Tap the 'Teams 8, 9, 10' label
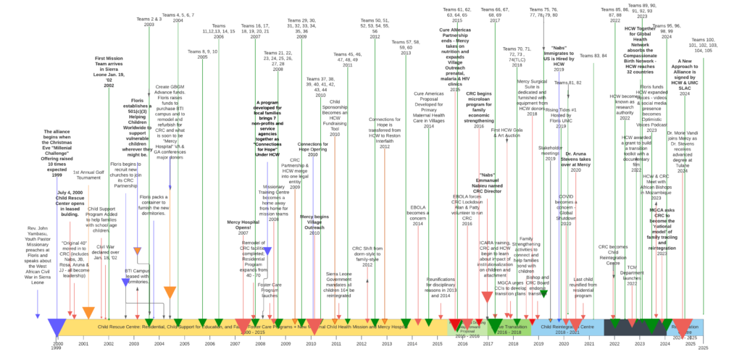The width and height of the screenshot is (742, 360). click(202, 54)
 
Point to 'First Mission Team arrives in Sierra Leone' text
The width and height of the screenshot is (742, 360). click(109, 70)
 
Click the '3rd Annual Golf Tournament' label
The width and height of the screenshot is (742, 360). click(88, 175)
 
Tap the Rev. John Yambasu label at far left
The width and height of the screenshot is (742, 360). click(37, 254)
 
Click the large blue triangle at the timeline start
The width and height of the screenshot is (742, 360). click(57, 327)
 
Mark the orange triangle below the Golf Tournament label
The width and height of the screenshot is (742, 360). click(88, 313)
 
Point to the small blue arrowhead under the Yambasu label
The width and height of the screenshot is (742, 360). click(37, 316)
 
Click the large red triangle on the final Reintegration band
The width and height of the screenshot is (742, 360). click(682, 327)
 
